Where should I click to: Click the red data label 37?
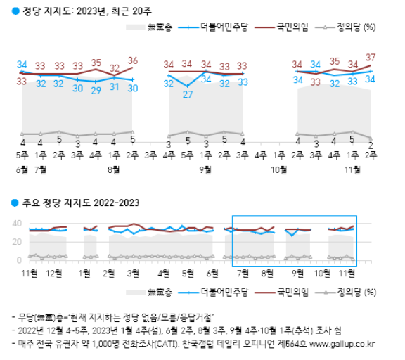[371, 57]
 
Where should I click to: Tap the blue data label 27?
[187, 94]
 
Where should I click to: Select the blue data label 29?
[96, 90]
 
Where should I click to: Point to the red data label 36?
[132, 60]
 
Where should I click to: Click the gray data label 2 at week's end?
[371, 144]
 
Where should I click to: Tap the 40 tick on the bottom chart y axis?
[18, 224]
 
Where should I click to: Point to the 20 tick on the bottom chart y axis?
[18, 242]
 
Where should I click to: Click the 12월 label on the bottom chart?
[58, 272]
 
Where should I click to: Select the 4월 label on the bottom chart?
[163, 272]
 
